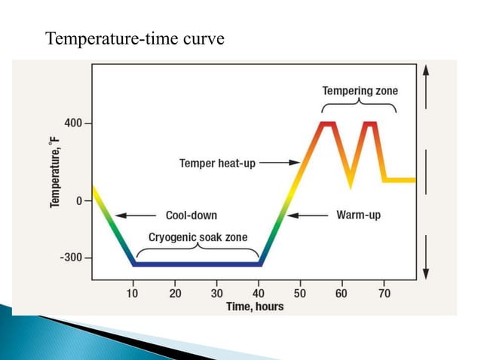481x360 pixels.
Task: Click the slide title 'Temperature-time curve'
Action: click(135, 38)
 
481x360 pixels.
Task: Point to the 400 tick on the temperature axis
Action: click(74, 123)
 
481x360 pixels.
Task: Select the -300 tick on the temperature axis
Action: click(72, 258)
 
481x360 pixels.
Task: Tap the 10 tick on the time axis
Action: click(133, 293)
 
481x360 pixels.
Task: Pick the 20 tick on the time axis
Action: click(175, 293)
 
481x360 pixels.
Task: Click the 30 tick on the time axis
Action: click(217, 293)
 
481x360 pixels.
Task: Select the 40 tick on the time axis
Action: click(259, 293)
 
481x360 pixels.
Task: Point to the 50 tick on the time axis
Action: click(300, 293)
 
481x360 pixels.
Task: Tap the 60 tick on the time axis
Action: click(342, 293)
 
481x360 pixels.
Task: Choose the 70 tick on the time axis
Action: click(384, 293)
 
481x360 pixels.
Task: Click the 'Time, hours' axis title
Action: click(255, 307)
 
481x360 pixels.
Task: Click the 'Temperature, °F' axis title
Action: click(57, 167)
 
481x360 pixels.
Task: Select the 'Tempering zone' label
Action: click(360, 91)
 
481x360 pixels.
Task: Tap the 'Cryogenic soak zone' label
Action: click(198, 237)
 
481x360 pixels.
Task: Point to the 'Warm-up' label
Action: click(358, 215)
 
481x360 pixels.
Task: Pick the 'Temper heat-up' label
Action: click(217, 162)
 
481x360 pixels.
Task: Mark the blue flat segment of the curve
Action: click(198, 264)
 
